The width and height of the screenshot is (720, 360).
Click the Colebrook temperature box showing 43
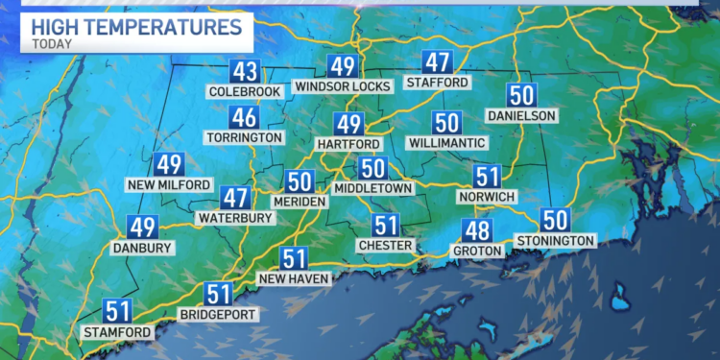245,71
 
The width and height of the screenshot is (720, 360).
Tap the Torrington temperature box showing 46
244,118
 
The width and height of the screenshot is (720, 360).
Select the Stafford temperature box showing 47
438,62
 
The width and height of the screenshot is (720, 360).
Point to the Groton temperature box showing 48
476,230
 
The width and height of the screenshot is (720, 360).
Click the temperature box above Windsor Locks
343,66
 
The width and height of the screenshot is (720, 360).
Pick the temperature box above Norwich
488,177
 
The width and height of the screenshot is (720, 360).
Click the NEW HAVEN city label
295,278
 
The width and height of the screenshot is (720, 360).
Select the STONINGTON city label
556,240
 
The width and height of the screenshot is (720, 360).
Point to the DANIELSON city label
521,115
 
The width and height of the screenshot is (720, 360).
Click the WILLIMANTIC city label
445,142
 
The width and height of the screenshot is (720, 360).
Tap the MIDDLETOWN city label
373,188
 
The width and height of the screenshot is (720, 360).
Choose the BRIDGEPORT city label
219,314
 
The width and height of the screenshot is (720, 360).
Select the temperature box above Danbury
143,228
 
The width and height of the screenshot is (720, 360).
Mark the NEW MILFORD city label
169,183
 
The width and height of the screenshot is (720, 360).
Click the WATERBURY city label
235,218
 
